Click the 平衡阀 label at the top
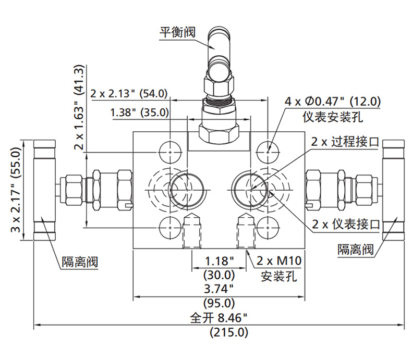point(177,32)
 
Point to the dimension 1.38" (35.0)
point(139,112)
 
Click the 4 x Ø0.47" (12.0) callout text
point(332,101)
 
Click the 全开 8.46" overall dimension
point(219,317)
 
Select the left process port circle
point(183,188)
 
